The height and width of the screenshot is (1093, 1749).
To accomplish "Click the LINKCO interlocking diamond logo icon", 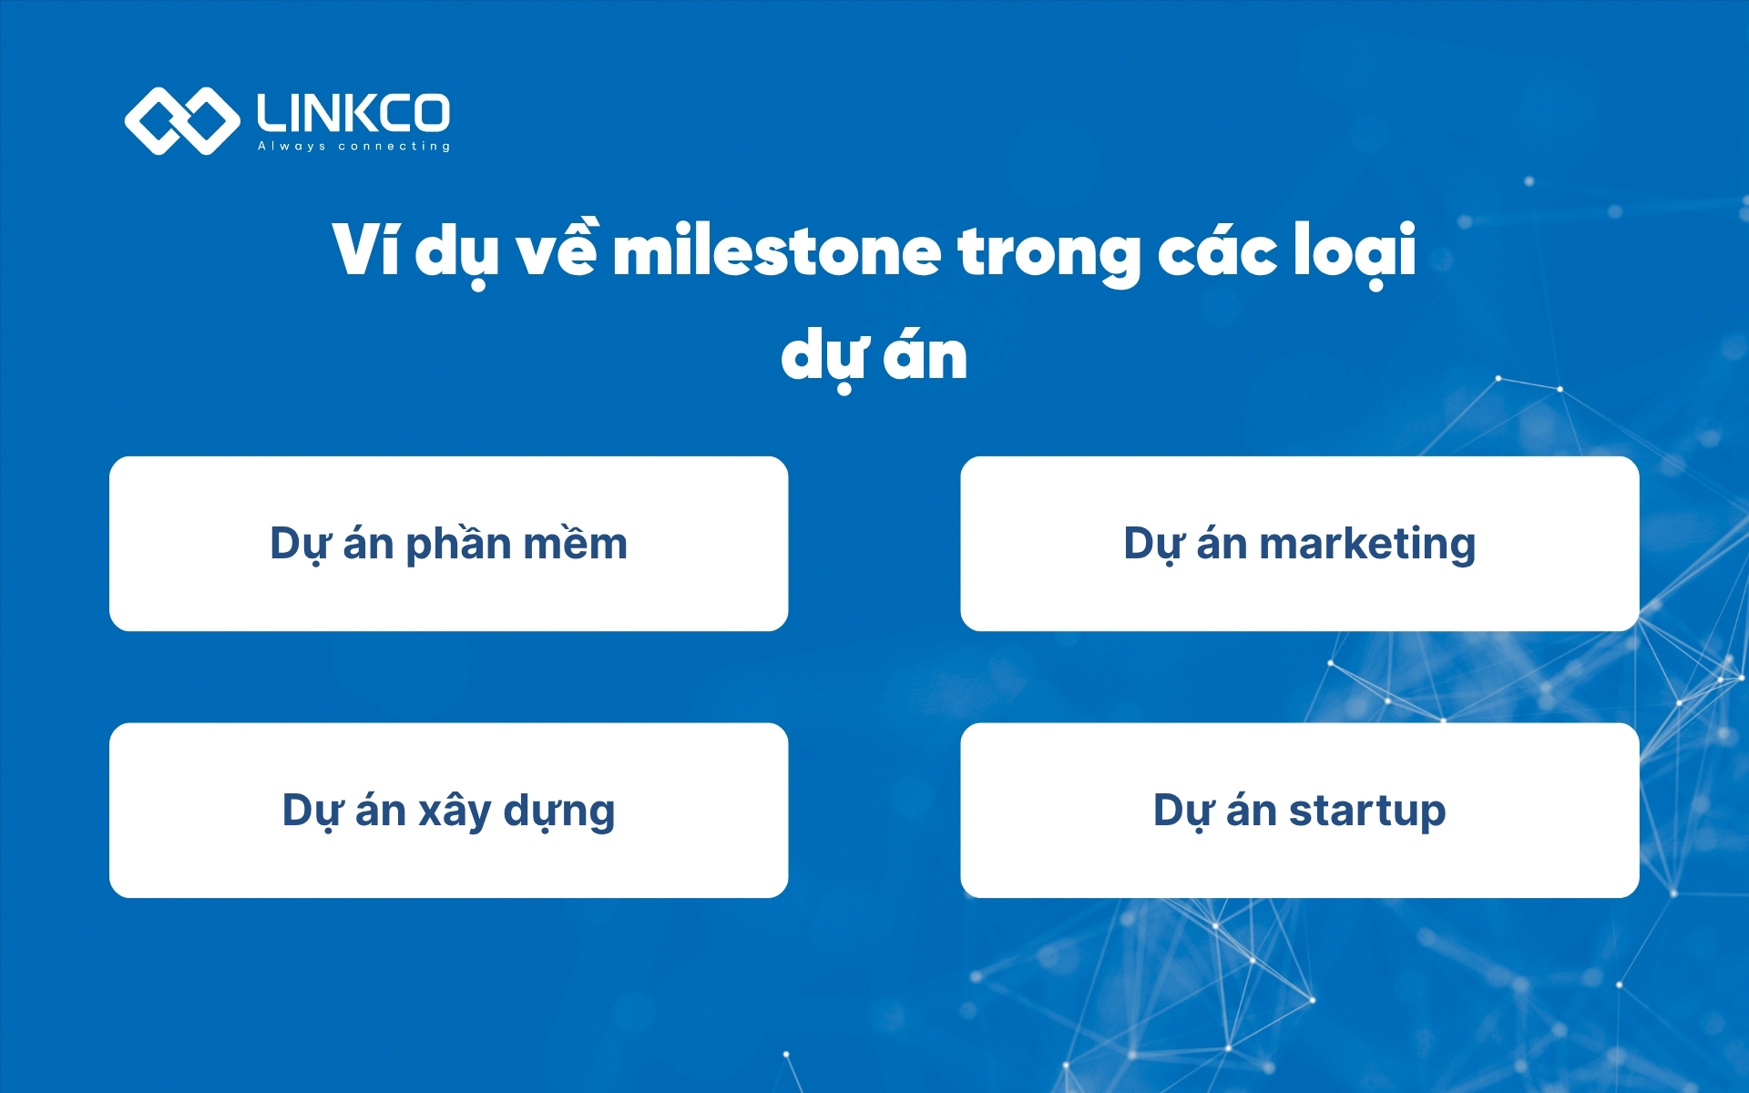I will coord(181,120).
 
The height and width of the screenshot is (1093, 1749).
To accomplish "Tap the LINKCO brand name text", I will coord(353,113).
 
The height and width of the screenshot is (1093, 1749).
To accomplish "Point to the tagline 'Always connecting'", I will coord(353,146).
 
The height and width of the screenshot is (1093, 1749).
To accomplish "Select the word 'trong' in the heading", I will coord(1048,253).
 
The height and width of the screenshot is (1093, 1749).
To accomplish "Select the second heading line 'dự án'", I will coord(874,356).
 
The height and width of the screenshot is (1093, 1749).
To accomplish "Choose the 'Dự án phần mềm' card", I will coord(448,544).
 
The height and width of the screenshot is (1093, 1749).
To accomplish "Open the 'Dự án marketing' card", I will coord(1299,544).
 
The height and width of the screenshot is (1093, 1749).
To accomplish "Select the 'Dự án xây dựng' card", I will coord(448,810).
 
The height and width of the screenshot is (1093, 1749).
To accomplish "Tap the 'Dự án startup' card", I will coord(1299,810).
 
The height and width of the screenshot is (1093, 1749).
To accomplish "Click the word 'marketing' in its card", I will coord(1366,544).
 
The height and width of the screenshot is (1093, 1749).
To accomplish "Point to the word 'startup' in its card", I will coord(1366,811).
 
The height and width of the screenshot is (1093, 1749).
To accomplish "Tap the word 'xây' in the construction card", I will coord(454,811).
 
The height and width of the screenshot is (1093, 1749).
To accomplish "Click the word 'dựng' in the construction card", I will coord(558,811).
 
